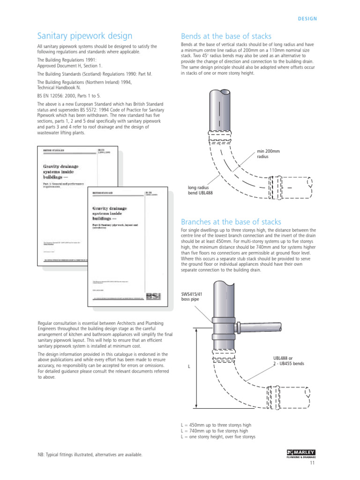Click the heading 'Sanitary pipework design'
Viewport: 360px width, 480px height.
coord(84,36)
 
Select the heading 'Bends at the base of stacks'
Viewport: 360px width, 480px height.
coord(226,36)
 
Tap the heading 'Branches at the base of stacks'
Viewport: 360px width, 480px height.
coord(231,221)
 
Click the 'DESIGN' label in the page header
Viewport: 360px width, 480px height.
coord(307,19)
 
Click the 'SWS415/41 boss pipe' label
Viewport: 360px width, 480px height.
coord(193,297)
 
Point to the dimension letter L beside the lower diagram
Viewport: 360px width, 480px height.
coord(189,366)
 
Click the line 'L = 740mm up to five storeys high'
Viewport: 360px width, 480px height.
coord(214,431)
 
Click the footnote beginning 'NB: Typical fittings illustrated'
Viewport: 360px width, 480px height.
coord(90,455)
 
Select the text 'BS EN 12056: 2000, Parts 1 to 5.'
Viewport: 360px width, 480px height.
coord(69,95)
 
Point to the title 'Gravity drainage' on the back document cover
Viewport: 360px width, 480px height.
coord(61,166)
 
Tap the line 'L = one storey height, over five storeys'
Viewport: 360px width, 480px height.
coord(218,437)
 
